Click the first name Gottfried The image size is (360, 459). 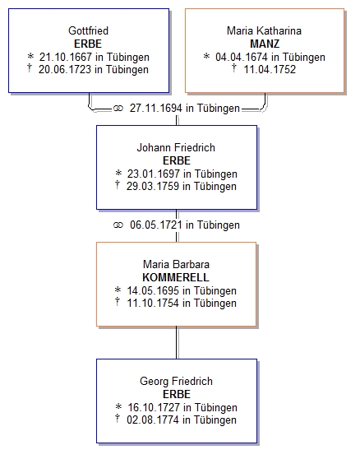[x=88, y=30]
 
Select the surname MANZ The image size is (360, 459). [x=265, y=44]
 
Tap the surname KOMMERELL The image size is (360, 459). [x=176, y=277]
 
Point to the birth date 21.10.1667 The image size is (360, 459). [x=66, y=57]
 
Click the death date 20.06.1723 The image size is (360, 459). [x=65, y=70]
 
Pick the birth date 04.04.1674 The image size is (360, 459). [x=242, y=57]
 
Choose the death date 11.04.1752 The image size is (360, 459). [x=270, y=70]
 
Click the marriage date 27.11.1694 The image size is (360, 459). [x=156, y=109]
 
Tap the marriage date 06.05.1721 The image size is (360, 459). [x=156, y=225]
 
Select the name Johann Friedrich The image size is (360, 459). [x=176, y=147]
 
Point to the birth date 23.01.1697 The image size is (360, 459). [x=154, y=174]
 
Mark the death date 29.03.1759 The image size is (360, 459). [x=153, y=187]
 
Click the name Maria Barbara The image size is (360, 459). [x=176, y=265]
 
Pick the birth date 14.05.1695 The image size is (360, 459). [x=153, y=290]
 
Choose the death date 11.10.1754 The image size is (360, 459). [x=153, y=304]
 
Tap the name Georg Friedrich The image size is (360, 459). [x=176, y=382]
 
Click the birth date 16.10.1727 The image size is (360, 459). [x=154, y=407]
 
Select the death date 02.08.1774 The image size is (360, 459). [x=153, y=420]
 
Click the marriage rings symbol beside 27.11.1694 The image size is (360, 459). [x=118, y=109]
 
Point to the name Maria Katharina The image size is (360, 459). [x=264, y=30]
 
